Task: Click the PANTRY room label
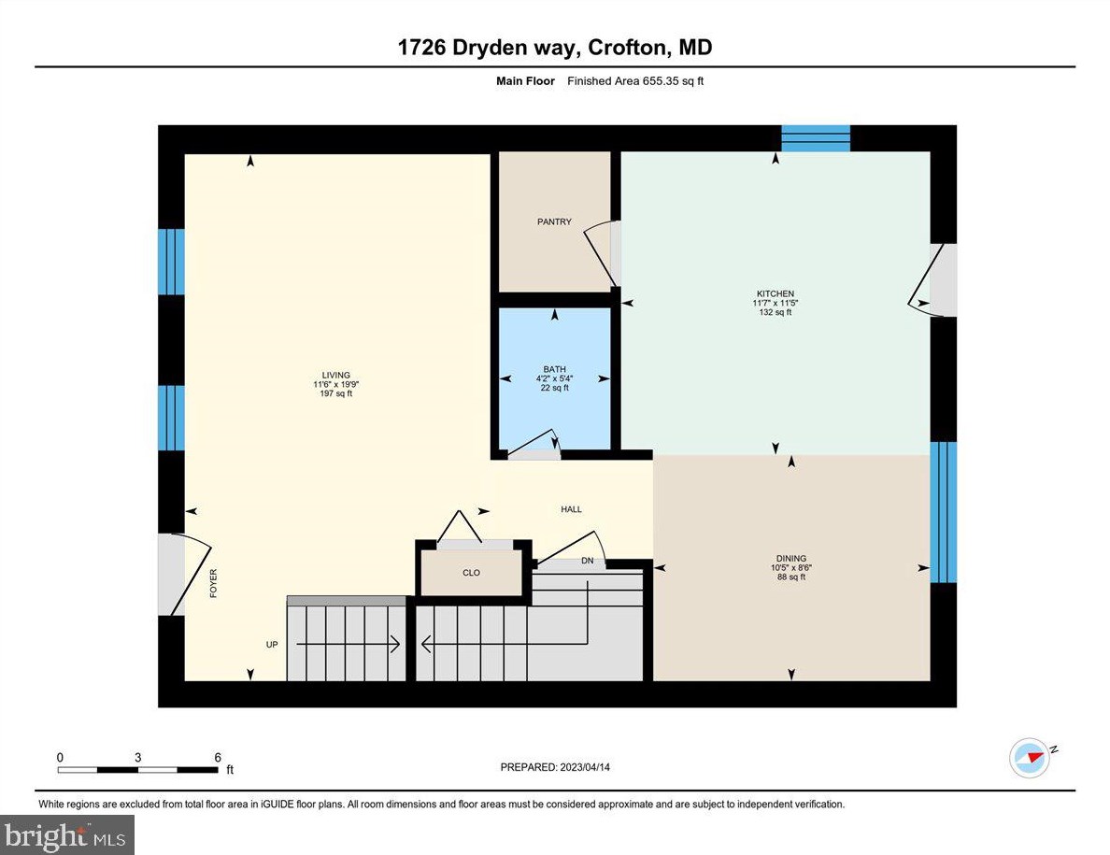pos(554,221)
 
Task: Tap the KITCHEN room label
pos(775,293)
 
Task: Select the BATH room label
pos(554,369)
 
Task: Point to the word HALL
pos(571,509)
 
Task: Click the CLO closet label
pos(471,573)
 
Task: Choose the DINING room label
pos(790,559)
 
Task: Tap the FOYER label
pos(213,583)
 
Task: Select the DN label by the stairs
pos(587,561)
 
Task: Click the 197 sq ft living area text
pos(335,394)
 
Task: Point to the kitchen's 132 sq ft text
pos(775,312)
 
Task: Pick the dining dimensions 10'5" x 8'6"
pos(790,568)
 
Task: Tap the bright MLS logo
pos(67,834)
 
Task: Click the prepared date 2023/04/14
pos(555,767)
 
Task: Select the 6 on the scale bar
pos(217,757)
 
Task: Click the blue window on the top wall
pos(816,138)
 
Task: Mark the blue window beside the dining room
pos(944,511)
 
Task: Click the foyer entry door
pos(174,575)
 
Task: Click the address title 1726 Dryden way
pos(555,48)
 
